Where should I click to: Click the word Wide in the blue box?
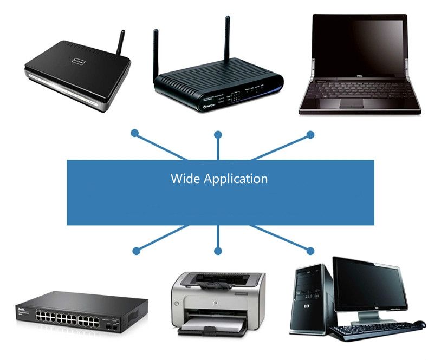(x=185, y=178)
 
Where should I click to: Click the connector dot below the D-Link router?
(x=135, y=133)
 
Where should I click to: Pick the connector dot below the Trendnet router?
(x=218, y=134)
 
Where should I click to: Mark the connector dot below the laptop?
(x=310, y=134)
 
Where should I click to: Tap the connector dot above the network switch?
(x=136, y=251)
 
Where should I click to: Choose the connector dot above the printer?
(x=218, y=251)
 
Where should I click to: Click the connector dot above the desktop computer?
(x=310, y=251)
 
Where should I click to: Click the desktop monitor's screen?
(x=370, y=286)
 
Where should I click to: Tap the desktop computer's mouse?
(x=419, y=324)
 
